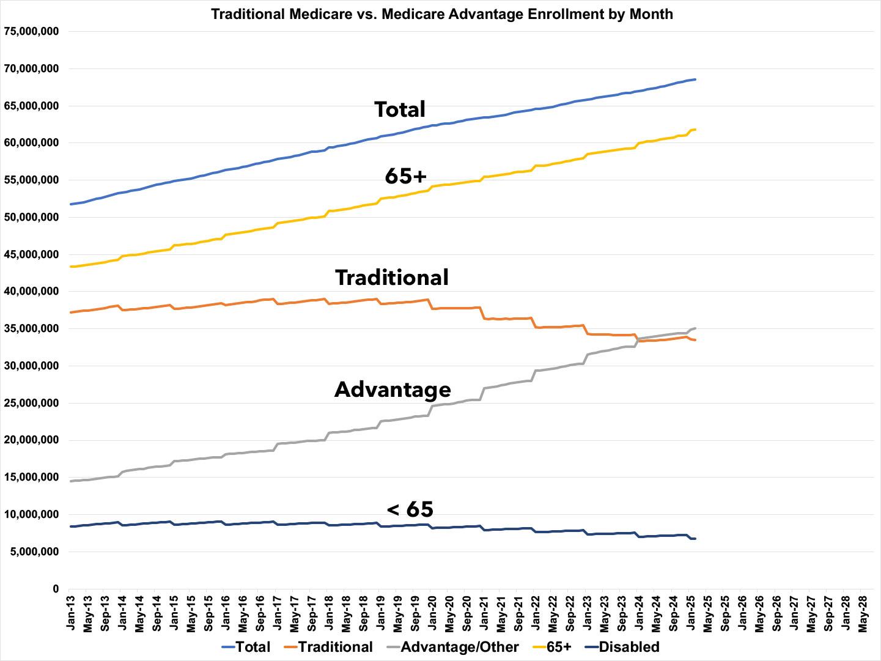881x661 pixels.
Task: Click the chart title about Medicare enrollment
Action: (441, 14)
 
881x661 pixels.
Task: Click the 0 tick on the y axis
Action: (56, 589)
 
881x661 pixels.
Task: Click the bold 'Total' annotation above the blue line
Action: (400, 109)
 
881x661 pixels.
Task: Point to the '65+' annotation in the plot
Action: (405, 176)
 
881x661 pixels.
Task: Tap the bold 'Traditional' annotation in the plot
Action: (392, 278)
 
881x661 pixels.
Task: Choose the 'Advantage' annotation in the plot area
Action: (393, 390)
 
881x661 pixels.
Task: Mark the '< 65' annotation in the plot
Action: (410, 509)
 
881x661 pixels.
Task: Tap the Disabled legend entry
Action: (622, 647)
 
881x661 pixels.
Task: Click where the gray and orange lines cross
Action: (638, 338)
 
